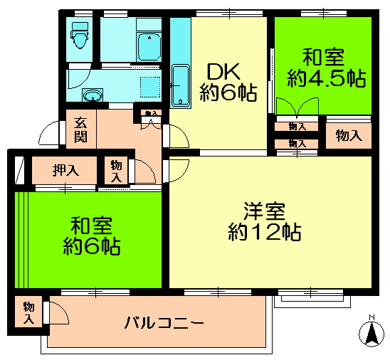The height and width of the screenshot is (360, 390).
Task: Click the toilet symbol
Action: (x=80, y=35)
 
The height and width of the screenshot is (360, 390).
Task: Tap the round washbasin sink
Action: (x=93, y=95)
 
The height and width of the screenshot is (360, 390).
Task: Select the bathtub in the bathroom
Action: (x=149, y=47)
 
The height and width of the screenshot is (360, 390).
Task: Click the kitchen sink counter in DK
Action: (x=181, y=63)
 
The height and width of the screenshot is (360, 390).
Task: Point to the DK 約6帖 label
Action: (x=228, y=83)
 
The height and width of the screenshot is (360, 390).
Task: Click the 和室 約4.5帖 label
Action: (x=326, y=68)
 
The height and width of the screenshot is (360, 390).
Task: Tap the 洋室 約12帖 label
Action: (x=265, y=222)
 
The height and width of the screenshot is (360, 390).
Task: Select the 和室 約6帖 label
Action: (x=92, y=236)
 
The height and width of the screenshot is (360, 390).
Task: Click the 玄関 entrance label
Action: (x=81, y=129)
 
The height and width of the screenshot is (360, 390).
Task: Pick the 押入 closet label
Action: (x=65, y=171)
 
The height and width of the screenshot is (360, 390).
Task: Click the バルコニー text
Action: (x=164, y=323)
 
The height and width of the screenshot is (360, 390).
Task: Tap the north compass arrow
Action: (x=371, y=332)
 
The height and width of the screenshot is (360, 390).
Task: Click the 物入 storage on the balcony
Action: (x=28, y=313)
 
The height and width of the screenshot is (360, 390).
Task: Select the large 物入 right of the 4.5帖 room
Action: (x=349, y=136)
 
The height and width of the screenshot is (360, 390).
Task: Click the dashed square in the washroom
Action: (x=150, y=87)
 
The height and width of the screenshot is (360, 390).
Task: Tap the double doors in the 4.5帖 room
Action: (x=297, y=107)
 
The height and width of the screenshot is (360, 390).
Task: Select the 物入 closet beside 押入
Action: (x=116, y=171)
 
